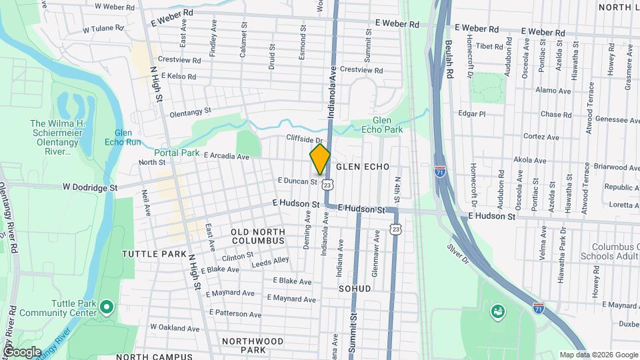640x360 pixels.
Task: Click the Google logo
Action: pos(22,351)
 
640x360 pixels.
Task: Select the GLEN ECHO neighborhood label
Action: pos(362,166)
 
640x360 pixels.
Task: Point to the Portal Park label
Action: pos(177,153)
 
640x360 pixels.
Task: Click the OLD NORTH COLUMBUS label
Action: pos(257,235)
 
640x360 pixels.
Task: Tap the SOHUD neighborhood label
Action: pos(354,289)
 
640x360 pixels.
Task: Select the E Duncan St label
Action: pos(297,181)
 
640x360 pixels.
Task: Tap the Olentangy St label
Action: pos(190,111)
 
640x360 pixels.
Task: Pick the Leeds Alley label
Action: pos(271,261)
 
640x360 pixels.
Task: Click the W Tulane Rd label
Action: pos(103,29)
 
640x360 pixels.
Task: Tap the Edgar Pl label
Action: pos(472,114)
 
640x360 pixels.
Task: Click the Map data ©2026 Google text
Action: pos(598,355)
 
